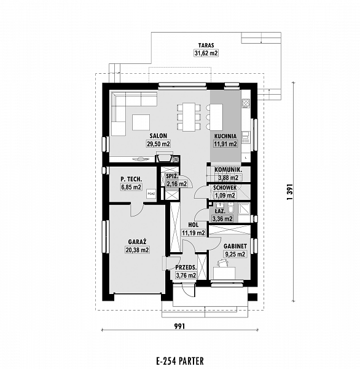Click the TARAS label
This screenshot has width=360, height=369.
[x=206, y=45]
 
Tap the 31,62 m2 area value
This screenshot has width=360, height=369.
[x=206, y=53]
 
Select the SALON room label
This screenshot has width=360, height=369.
[x=158, y=136]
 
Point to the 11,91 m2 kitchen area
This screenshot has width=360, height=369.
[x=225, y=143]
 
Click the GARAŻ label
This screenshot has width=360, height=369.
[x=138, y=242]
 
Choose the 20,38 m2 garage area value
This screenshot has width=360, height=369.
[x=138, y=250]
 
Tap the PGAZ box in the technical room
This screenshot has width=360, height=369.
[x=151, y=194]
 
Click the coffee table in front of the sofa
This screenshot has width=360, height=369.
[x=141, y=122]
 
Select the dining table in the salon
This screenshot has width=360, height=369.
[x=189, y=117]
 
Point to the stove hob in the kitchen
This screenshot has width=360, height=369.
[x=246, y=102]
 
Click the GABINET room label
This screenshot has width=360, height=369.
[x=235, y=246]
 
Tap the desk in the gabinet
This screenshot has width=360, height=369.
[x=224, y=273]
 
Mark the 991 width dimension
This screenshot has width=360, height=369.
[x=179, y=326]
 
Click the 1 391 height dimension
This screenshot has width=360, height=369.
[x=290, y=192]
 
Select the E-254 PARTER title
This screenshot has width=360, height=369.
[x=180, y=360]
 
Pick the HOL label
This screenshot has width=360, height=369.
[x=194, y=225]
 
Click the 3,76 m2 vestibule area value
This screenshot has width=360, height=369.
[x=186, y=275]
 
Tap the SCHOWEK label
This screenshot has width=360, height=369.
[x=225, y=188]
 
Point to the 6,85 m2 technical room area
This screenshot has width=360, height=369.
[x=131, y=188]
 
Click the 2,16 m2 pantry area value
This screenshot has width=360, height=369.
[x=176, y=183]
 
